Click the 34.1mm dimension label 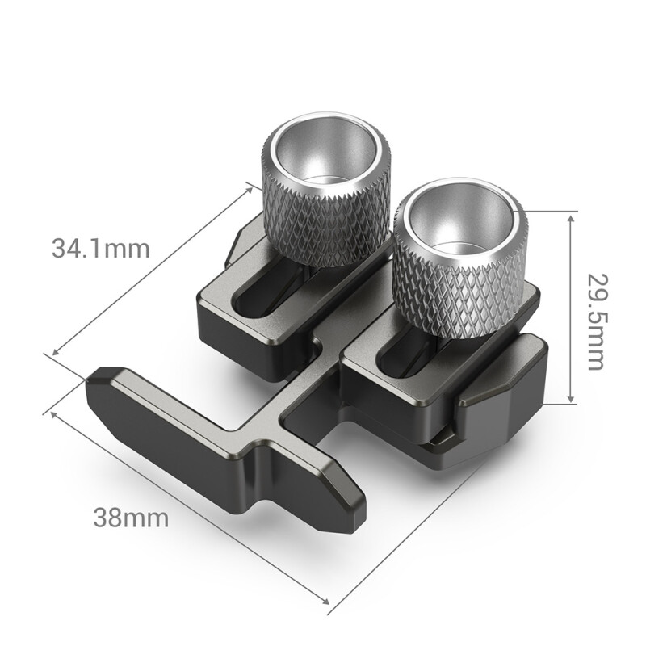click(x=101, y=248)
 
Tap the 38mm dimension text click(x=131, y=518)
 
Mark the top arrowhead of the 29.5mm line click(x=571, y=215)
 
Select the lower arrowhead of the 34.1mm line click(x=55, y=353)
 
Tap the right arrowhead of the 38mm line click(x=326, y=601)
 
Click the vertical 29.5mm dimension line click(x=571, y=307)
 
